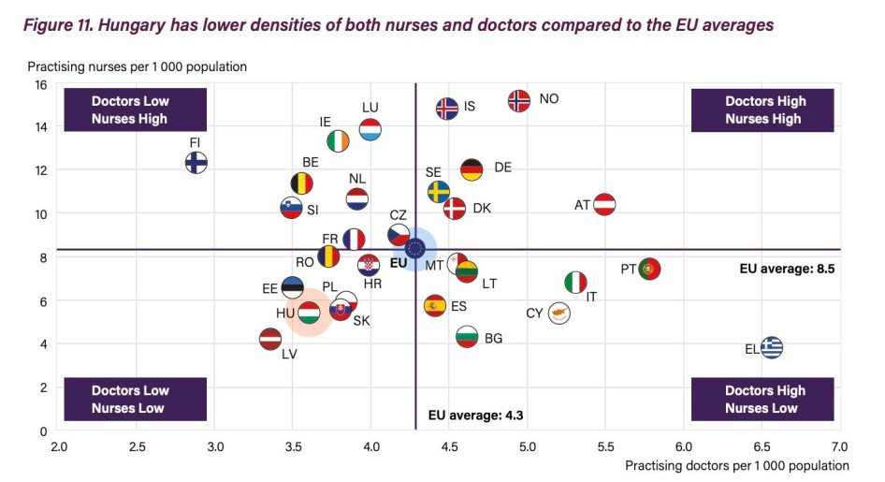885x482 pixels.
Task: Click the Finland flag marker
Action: click(x=196, y=162)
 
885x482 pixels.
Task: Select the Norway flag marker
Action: click(x=519, y=100)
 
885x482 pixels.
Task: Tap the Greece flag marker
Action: click(x=772, y=348)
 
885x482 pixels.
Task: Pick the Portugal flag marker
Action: click(x=649, y=270)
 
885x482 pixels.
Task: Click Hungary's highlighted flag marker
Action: click(x=309, y=313)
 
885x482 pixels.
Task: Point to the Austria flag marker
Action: click(x=604, y=204)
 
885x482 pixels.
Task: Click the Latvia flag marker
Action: click(x=270, y=339)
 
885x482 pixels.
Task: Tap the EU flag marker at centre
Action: click(x=414, y=248)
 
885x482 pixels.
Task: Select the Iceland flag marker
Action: click(x=447, y=108)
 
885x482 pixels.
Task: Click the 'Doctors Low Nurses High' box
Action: click(x=129, y=110)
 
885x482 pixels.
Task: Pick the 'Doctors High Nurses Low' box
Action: click(x=762, y=400)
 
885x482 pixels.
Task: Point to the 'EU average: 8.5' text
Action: click(x=786, y=269)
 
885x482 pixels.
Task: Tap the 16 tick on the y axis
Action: click(x=41, y=84)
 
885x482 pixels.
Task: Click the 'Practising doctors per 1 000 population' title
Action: click(x=736, y=465)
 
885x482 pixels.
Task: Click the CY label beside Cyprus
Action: click(x=534, y=314)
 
